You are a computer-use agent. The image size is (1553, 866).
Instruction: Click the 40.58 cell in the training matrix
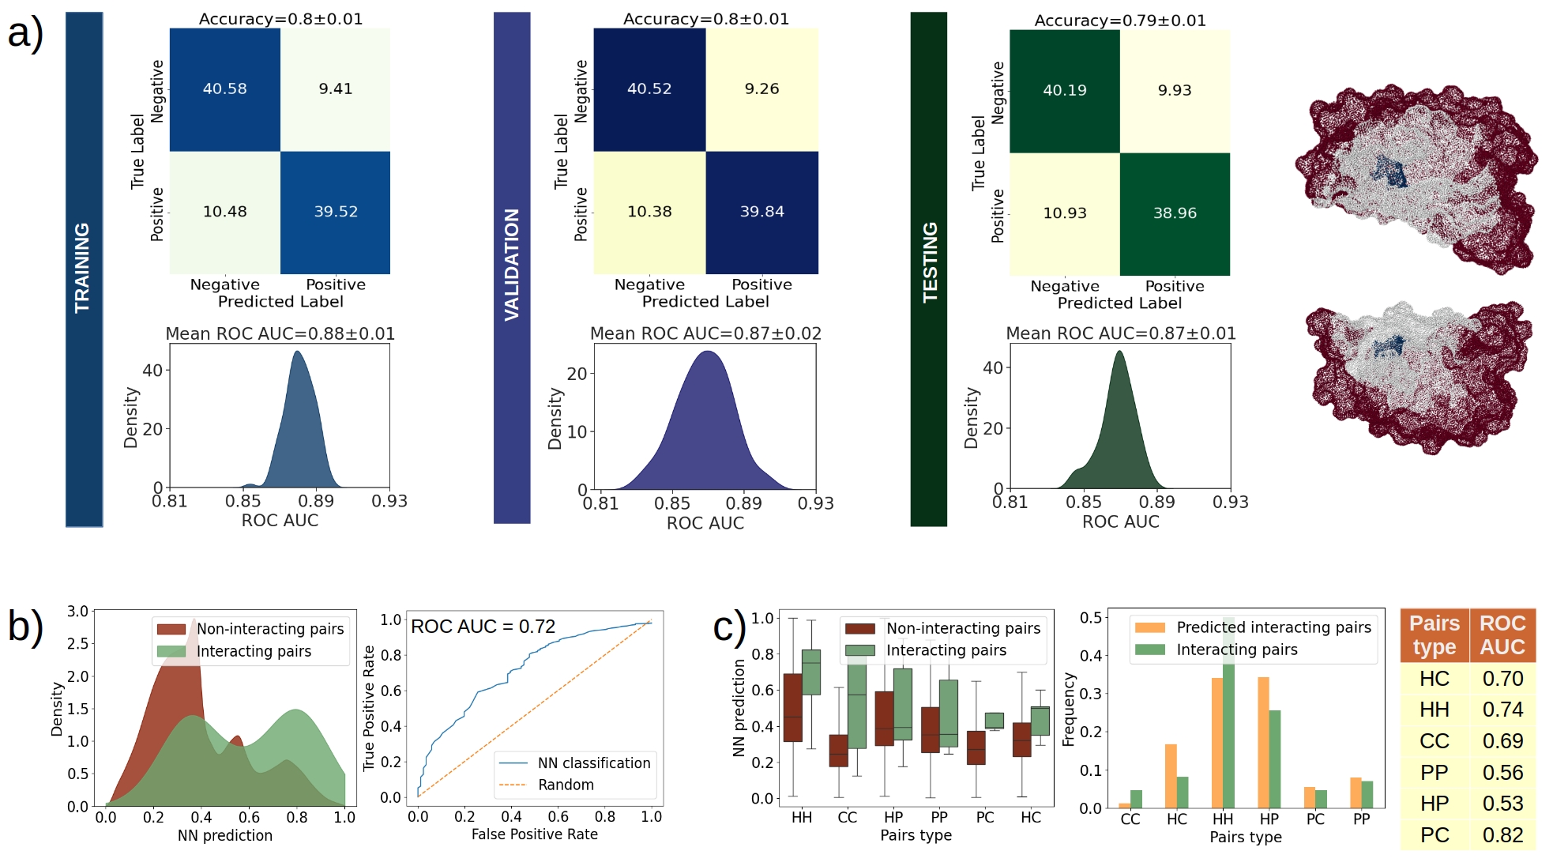click(x=225, y=89)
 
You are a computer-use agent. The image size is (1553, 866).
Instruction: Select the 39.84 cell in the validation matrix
click(x=761, y=212)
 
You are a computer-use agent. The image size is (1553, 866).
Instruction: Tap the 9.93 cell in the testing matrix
click(x=1175, y=91)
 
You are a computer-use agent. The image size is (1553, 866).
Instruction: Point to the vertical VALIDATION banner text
click(x=512, y=265)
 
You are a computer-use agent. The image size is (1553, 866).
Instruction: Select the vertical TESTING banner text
click(x=930, y=262)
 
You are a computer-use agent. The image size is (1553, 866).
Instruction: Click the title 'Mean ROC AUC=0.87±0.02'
click(x=705, y=333)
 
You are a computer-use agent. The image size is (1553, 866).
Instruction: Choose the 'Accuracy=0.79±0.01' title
click(x=1120, y=21)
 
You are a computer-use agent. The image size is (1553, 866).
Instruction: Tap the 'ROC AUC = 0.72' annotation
click(x=483, y=627)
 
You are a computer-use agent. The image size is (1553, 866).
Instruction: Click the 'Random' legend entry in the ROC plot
click(x=566, y=785)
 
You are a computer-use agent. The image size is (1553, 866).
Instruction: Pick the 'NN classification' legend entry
click(x=594, y=762)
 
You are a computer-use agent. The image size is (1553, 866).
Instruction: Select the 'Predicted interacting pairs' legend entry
click(x=1273, y=627)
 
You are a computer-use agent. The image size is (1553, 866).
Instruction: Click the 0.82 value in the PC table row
click(x=1502, y=835)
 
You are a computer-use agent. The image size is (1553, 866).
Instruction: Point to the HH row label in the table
click(x=1434, y=710)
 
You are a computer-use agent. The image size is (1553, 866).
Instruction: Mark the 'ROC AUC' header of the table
click(x=1502, y=635)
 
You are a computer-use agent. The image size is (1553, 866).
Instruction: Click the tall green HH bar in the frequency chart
click(x=1228, y=711)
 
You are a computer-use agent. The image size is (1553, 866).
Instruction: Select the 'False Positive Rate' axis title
click(x=535, y=834)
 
